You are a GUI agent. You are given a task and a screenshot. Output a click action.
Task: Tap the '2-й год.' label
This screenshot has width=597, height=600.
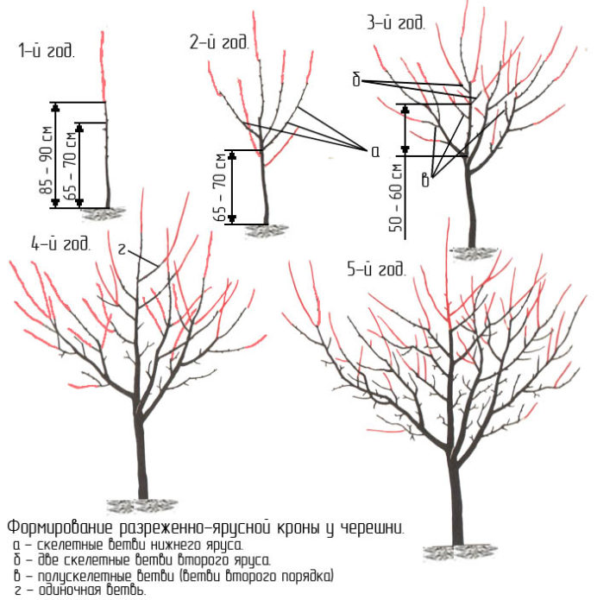click(x=219, y=43)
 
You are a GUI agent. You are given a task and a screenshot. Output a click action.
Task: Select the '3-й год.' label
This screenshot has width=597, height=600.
click(x=396, y=23)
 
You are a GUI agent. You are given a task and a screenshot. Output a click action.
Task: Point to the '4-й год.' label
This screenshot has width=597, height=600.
click(x=60, y=243)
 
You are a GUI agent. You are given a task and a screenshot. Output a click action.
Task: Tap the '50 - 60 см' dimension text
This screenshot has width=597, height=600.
click(x=397, y=197)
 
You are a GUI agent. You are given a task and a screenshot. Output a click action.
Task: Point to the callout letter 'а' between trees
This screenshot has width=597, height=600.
click(x=374, y=151)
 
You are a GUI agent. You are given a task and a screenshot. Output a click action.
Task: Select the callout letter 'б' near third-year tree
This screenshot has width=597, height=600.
click(x=355, y=80)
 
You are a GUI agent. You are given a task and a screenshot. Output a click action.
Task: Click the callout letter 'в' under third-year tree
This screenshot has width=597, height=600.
click(x=425, y=180)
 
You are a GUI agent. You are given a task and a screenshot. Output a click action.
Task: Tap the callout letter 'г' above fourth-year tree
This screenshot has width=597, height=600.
click(x=123, y=249)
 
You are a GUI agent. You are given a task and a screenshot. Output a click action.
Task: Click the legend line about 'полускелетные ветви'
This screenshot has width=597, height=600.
click(x=173, y=575)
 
